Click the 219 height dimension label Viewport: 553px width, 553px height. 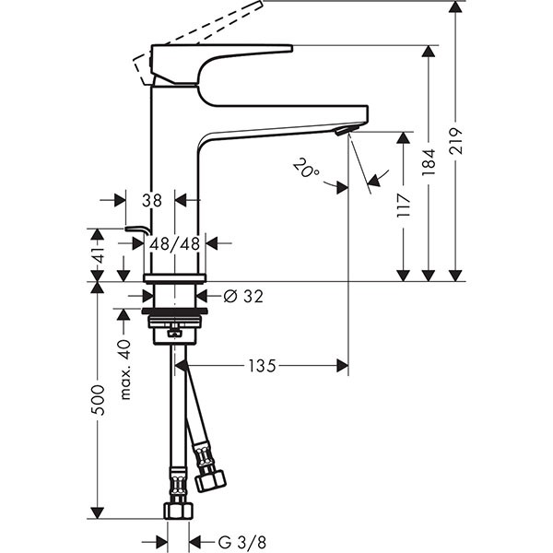pos(455,141)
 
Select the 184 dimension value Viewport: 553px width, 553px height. pos(429,162)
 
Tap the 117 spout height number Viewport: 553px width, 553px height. pos(403,206)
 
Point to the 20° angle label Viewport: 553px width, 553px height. pos(305,169)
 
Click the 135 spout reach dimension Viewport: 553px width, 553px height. pos(263,366)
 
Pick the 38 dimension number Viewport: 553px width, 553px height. pos(152,200)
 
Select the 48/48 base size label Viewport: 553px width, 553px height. pos(174,243)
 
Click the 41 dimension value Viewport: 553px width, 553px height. pos(99,254)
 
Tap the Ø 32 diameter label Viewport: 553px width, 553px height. pos(243,297)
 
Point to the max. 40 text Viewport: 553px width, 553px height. pos(125,370)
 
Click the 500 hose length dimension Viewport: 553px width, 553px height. pos(98,400)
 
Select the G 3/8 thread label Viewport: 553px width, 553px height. pos(241,542)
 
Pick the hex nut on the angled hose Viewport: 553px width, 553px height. pos(210,481)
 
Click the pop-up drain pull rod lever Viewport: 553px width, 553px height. pos(138,229)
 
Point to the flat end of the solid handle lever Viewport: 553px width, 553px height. pos(292,48)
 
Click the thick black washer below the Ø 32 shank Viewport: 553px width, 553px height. pos(174,312)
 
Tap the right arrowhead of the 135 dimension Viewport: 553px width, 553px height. pos(343,366)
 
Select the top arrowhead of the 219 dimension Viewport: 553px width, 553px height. pos(455,7)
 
